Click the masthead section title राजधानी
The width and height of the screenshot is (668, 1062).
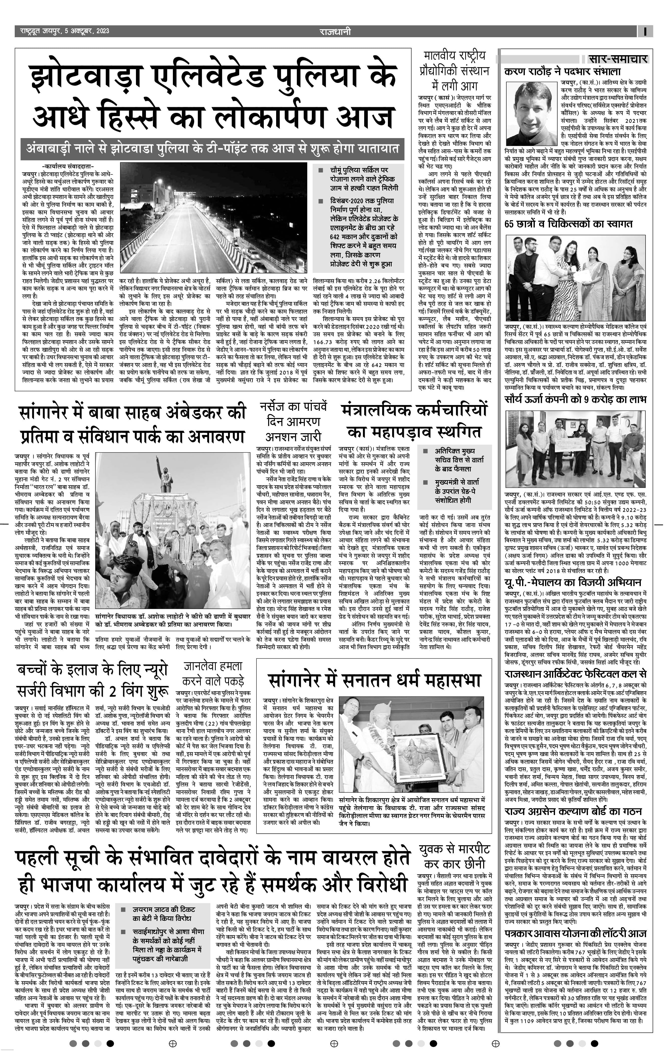tap(336, 31)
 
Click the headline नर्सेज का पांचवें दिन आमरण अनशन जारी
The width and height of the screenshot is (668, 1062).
tap(293, 422)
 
